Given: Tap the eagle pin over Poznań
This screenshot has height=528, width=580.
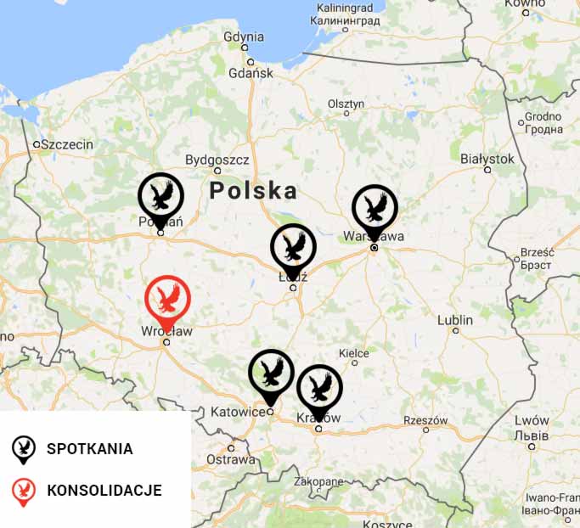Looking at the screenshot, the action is tap(160, 196).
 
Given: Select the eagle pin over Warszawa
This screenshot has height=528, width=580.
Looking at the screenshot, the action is tap(374, 208).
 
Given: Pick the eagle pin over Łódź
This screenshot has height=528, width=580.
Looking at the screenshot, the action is tap(293, 248).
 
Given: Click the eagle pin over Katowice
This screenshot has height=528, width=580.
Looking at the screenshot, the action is tap(271, 373).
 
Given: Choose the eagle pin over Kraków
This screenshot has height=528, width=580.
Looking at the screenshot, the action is tap(319, 388).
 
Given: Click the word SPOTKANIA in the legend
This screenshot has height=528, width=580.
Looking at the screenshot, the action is tap(90, 449).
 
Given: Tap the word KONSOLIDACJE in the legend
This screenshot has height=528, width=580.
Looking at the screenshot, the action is tap(104, 491).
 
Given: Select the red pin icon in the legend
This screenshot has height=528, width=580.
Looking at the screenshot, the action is tap(24, 491).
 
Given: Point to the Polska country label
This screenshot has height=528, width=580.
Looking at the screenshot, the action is tap(253, 190).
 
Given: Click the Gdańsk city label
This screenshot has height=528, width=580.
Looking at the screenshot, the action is tap(250, 73).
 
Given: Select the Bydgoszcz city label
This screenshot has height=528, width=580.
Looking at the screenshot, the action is tap(217, 160).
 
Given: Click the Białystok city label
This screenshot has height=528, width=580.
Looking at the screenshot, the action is tap(487, 159).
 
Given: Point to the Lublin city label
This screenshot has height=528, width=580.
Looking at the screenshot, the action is tap(455, 320).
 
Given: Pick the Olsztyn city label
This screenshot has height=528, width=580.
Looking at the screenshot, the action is tap(346, 104).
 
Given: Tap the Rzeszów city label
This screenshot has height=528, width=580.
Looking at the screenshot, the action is tap(425, 420).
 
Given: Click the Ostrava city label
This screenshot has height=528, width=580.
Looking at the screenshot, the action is tap(231, 459).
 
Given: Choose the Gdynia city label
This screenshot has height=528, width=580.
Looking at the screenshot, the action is tap(244, 37).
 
